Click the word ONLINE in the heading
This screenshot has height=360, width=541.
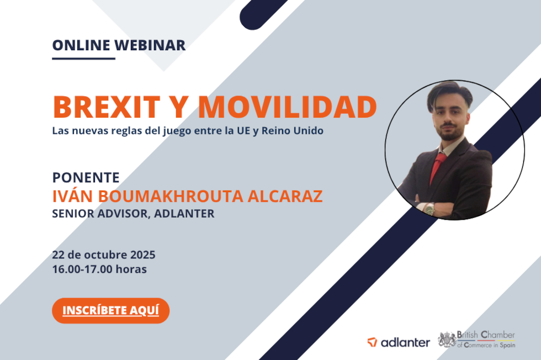[82, 45]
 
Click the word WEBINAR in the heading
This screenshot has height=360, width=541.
[150, 45]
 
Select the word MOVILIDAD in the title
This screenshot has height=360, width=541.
[288, 107]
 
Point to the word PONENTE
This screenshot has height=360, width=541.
[86, 178]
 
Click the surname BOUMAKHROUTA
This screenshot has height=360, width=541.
[171, 196]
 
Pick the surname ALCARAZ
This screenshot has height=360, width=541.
[285, 196]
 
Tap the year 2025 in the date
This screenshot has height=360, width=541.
[142, 255]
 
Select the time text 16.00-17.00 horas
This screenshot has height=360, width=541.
[99, 269]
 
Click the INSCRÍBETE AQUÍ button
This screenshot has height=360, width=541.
[111, 311]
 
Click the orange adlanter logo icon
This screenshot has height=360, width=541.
[372, 342]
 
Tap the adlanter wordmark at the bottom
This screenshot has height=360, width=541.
[405, 342]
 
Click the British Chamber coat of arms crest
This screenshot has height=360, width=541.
[447, 339]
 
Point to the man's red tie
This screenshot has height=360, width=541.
[437, 168]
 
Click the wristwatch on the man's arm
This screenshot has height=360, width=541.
[429, 209]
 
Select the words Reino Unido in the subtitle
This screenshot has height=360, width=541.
[293, 131]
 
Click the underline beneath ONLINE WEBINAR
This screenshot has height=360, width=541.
[83, 59]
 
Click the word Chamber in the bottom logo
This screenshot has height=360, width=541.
[497, 335]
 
